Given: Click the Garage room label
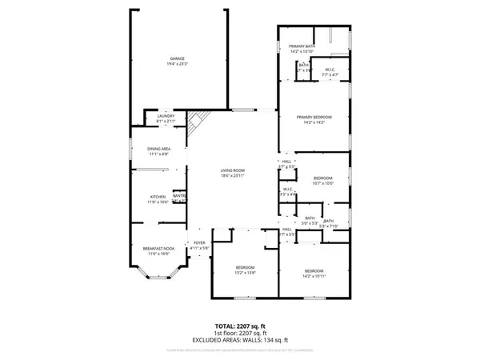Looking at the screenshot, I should [177, 58].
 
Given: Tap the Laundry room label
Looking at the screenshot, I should [166, 116].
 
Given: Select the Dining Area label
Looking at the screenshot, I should [158, 148].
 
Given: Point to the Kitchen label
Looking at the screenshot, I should [158, 197].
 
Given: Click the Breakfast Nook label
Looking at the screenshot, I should [158, 248].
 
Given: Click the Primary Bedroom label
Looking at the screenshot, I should [314, 118].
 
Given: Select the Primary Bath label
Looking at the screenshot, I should [302, 47].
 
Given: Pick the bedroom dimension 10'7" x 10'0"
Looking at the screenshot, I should [322, 183].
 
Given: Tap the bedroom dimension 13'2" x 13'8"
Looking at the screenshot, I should [245, 273].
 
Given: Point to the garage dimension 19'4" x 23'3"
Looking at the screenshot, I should [177, 63].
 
